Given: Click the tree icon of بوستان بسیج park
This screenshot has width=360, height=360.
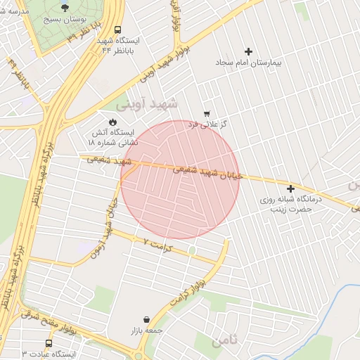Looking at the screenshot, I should tap(65, 8).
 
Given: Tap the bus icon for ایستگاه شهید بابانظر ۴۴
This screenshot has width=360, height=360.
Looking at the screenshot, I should tap(117, 30).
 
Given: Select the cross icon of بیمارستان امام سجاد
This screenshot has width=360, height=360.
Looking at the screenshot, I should tap(248, 51).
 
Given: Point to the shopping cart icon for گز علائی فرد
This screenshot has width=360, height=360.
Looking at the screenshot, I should tap(206, 113).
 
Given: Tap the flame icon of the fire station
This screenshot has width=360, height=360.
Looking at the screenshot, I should tap(112, 121).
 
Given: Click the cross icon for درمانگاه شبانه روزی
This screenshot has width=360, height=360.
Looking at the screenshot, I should tap(290, 188).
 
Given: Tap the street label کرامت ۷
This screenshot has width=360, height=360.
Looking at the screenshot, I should tap(158, 243).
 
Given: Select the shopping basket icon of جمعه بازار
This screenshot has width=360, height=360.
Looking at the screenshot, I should tap(146, 319).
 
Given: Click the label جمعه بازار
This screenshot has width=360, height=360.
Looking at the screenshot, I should tap(146, 330).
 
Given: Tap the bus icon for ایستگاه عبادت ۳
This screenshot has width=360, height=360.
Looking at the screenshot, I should tap(49, 343).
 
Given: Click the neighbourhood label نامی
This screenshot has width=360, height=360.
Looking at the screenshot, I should tap(224, 340).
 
